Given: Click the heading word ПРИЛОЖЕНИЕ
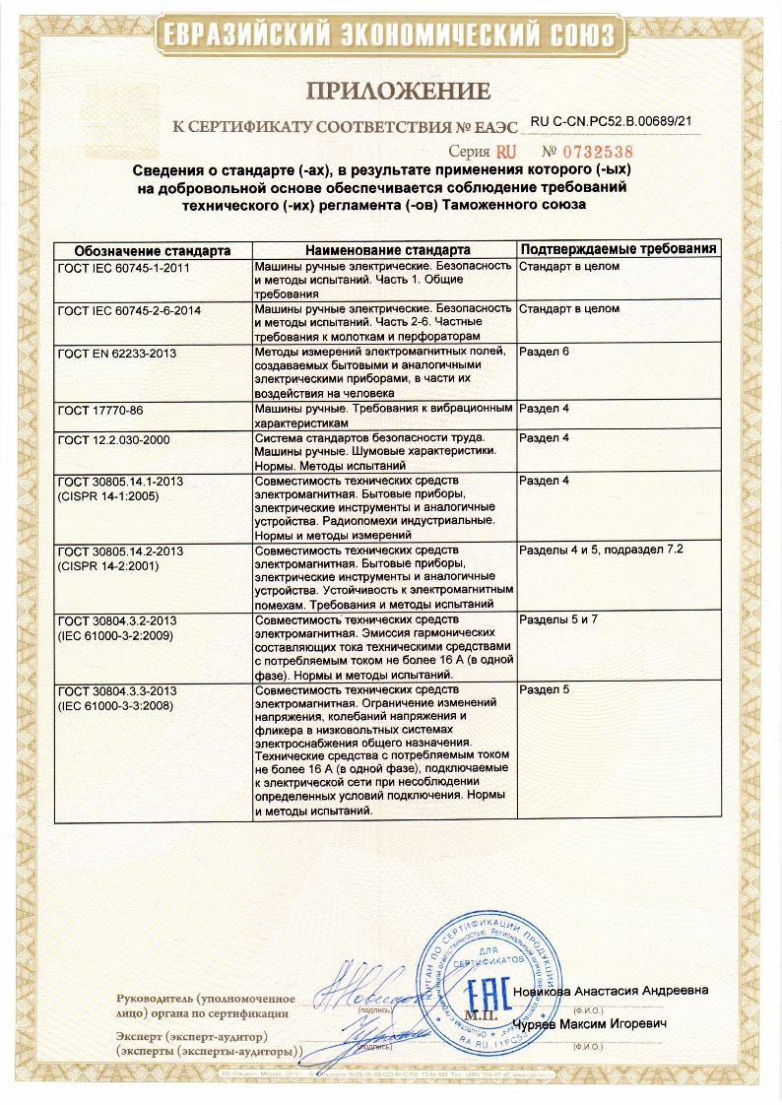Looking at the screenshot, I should tap(398, 93).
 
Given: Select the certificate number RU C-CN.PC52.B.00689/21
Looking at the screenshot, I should tap(612, 121).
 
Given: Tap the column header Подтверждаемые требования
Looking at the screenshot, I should tap(618, 249).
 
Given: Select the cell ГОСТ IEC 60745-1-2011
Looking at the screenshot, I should tap(122, 267).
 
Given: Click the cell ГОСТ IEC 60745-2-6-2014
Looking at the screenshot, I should tap(129, 309).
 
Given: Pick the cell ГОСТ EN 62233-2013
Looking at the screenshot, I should tap(117, 353).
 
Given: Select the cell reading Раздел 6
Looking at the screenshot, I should tap(545, 352).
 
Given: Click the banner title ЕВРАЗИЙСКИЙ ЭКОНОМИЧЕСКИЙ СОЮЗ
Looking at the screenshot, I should tap(391, 36).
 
